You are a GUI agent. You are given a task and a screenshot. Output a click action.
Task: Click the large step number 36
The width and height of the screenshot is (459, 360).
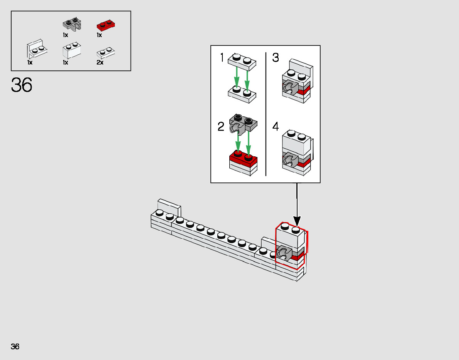click(22, 85)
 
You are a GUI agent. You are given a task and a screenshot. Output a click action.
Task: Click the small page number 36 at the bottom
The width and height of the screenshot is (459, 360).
click(15, 346)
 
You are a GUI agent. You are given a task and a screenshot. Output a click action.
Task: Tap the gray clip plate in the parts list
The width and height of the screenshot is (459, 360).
click(72, 25)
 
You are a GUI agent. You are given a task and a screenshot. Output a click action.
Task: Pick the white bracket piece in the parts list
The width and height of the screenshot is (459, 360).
click(37, 48)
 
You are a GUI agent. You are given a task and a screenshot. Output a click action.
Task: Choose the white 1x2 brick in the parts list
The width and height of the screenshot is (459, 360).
click(72, 50)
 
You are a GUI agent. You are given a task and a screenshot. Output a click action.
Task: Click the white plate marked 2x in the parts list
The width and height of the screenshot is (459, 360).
click(106, 52)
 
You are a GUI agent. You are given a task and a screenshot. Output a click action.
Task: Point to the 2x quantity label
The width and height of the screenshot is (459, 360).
click(100, 62)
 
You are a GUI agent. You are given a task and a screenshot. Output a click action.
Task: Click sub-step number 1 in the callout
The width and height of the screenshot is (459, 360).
click(222, 58)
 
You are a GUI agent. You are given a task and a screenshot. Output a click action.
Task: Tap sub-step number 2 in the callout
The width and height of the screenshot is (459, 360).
click(221, 127)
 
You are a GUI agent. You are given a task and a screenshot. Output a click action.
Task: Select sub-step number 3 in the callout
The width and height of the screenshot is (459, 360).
click(276, 58)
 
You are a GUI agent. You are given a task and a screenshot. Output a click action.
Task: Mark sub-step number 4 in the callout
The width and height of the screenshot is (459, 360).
click(276, 127)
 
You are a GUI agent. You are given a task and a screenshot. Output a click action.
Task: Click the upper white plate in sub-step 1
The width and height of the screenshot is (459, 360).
click(242, 62)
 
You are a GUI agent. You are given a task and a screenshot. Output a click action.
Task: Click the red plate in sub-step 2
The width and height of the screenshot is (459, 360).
click(243, 158)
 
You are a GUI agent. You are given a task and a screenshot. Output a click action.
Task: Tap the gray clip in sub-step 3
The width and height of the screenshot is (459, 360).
click(290, 88)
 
